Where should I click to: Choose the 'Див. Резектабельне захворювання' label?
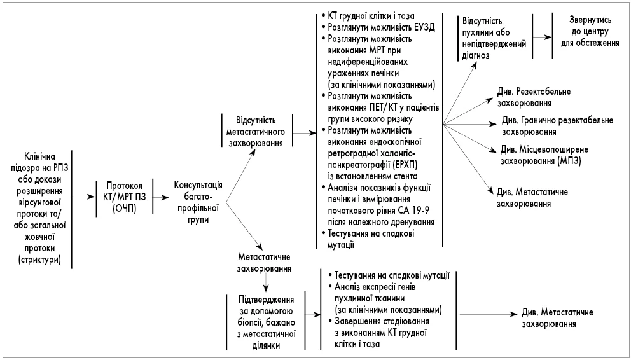click(x=533, y=97)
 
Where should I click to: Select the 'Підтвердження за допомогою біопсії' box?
click(x=265, y=319)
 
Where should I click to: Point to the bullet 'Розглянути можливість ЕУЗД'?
click(x=380, y=29)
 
